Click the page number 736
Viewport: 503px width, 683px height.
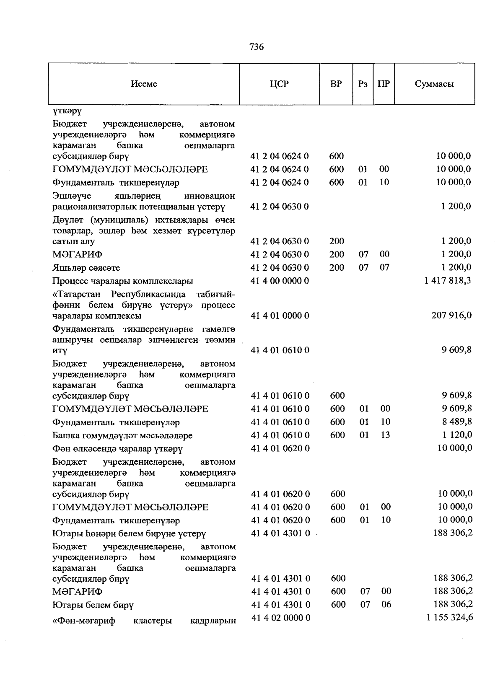click(257, 47)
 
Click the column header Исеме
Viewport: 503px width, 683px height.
click(144, 84)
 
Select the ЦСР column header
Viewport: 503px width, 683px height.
click(279, 84)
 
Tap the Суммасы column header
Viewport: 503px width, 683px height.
click(434, 84)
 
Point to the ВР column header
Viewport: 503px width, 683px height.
click(336, 84)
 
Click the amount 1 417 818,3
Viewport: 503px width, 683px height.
click(447, 280)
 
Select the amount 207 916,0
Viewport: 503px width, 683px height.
click(451, 315)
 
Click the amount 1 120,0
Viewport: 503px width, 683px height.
click(456, 435)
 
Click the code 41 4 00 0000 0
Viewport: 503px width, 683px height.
click(280, 281)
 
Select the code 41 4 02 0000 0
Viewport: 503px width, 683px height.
click(280, 618)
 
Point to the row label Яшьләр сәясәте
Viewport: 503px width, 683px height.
click(86, 268)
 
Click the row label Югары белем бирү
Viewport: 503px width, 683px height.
click(93, 605)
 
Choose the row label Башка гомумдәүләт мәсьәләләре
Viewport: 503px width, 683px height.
click(122, 436)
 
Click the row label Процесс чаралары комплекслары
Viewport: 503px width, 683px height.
click(122, 281)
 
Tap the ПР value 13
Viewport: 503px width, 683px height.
click(385, 435)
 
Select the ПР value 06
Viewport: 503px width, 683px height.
click(386, 604)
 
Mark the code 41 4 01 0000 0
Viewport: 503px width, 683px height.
click(280, 316)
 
